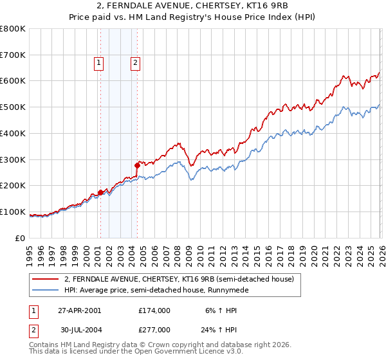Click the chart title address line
[193, 6]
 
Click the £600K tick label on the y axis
[13, 81]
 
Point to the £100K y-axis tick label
[13, 212]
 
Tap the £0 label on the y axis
[21, 238]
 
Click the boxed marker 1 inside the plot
[99, 62]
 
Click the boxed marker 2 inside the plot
[136, 62]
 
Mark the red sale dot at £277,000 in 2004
[137, 165]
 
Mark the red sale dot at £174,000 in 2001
[100, 192]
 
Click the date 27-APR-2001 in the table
[79, 310]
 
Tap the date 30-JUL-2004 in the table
[79, 329]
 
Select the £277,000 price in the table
[154, 329]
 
